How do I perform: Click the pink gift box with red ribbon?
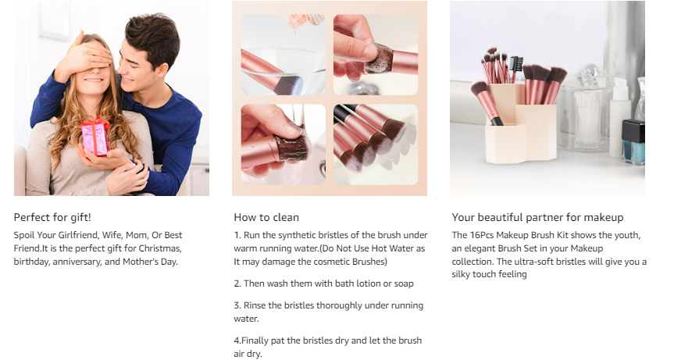[95, 136]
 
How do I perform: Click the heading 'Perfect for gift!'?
[52, 217]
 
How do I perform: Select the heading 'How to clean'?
[266, 217]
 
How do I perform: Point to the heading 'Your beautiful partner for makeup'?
[537, 217]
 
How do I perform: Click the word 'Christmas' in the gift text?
[160, 248]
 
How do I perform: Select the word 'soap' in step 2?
[404, 284]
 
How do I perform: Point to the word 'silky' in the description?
[461, 274]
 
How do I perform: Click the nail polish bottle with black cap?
[633, 142]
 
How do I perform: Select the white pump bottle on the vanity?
[620, 117]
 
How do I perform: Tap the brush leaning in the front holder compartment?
[487, 102]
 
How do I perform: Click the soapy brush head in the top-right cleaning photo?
[378, 59]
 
